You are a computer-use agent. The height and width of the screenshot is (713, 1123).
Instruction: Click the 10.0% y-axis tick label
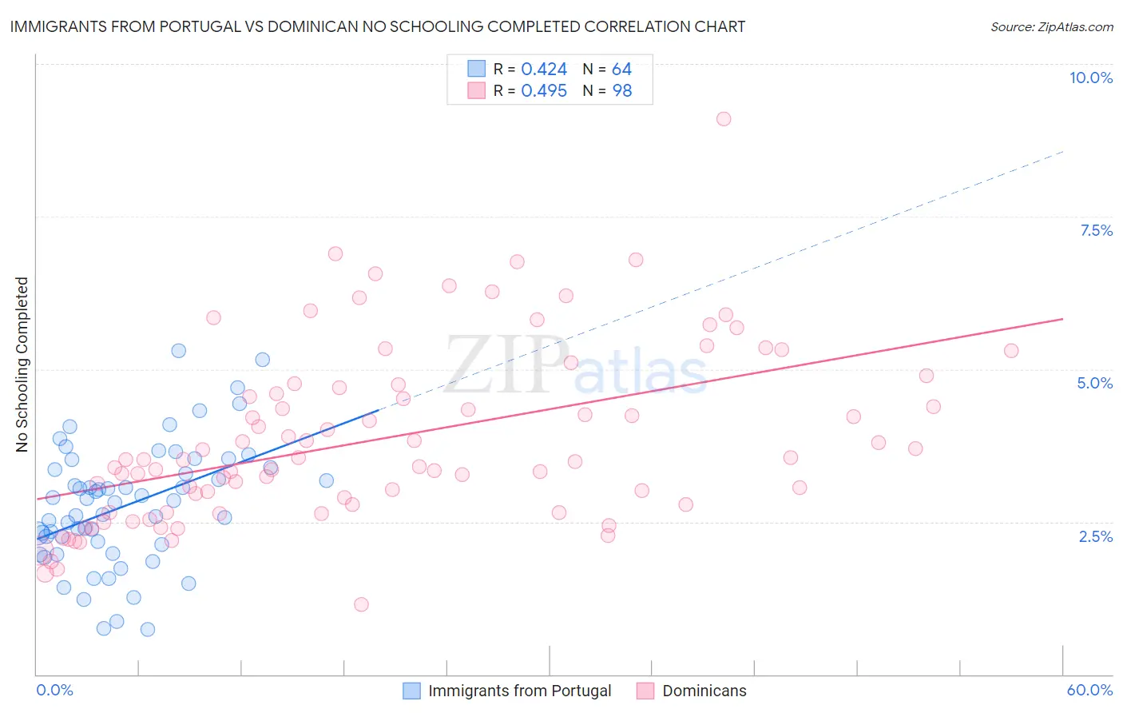[x=1090, y=78]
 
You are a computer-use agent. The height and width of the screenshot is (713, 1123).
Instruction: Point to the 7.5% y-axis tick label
[x=1096, y=230]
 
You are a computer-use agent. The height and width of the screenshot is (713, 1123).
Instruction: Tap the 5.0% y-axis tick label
[x=1094, y=383]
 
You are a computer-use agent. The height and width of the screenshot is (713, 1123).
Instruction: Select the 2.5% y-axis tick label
[x=1095, y=536]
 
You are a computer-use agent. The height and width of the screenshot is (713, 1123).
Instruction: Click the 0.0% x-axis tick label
[x=54, y=690]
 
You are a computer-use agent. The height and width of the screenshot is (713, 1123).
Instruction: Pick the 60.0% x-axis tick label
[x=1089, y=690]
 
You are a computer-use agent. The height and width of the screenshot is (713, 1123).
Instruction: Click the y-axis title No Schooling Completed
[x=22, y=364]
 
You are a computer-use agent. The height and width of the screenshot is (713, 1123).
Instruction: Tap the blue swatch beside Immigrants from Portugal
[x=411, y=691]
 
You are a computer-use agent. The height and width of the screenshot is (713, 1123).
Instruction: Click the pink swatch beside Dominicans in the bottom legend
[x=645, y=691]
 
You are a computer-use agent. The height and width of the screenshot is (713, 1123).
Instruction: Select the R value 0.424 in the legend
[x=544, y=70]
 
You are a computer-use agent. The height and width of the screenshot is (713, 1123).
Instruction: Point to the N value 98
[x=621, y=91]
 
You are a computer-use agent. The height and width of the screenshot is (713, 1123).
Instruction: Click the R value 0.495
[x=544, y=91]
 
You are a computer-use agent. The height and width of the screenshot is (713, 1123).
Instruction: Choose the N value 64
[x=621, y=70]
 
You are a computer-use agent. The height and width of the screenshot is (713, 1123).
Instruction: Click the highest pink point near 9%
[x=724, y=119]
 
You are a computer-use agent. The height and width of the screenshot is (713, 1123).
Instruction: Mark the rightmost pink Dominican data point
[x=1011, y=351]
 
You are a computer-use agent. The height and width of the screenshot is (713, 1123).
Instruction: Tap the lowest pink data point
[x=361, y=604]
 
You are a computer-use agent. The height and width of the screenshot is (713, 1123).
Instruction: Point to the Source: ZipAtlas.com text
[x=1051, y=27]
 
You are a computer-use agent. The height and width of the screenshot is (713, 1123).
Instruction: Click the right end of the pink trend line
[x=1062, y=319]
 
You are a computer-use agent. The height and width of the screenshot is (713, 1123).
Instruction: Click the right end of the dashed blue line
[x=1062, y=151]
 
